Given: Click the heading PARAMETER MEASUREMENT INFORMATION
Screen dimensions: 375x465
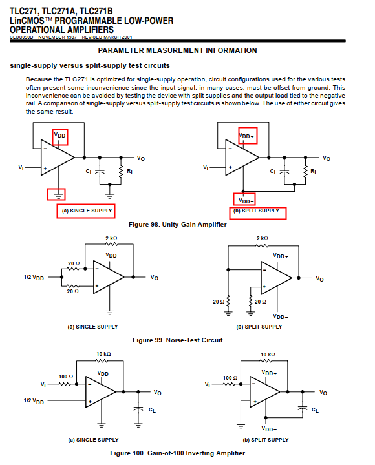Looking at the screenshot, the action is tap(177, 50).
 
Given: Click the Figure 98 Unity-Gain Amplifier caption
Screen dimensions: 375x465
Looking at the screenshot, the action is tap(177, 225).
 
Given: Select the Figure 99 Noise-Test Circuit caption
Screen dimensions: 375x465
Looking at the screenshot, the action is tap(177, 340).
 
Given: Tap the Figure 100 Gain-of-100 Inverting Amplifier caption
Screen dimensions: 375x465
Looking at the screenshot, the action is tap(177, 453).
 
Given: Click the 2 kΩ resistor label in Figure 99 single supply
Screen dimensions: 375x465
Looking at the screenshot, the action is tap(111, 238).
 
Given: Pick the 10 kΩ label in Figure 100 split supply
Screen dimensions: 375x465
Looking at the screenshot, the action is tap(268, 355).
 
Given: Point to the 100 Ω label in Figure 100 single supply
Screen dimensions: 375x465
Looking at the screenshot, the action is tap(66, 377).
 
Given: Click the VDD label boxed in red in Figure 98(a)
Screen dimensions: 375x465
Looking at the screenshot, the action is tap(59, 135).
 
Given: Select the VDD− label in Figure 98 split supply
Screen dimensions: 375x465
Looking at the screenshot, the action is tap(246, 201).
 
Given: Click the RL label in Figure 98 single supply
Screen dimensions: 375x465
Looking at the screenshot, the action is tap(131, 171).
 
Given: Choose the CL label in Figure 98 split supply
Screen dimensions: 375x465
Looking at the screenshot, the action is tap(273, 171).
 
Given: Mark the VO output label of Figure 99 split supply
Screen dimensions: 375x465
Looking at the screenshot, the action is tap(319, 279).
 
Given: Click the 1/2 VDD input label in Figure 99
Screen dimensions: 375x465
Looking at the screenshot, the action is tap(34, 278).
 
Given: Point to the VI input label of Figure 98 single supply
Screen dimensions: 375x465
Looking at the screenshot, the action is tap(21, 167).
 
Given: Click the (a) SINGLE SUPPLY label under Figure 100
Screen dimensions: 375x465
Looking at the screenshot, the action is tap(93, 440).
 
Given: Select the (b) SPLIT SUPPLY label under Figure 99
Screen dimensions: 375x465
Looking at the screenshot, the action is tap(259, 327).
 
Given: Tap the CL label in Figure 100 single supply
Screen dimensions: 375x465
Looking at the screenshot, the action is tap(152, 410).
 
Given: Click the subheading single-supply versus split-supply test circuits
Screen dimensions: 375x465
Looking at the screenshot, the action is tap(90, 65).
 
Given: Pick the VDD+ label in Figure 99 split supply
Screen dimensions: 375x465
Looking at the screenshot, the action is tap(281, 256).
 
